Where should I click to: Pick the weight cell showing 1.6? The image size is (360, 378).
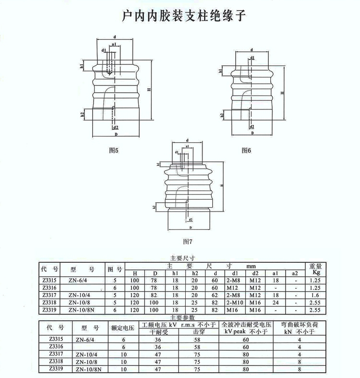coord(315,295)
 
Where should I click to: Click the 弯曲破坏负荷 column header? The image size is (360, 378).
coord(299,325)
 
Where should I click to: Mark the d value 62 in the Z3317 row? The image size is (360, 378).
coord(216,295)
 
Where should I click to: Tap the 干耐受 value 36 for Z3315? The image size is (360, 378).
coord(157,339)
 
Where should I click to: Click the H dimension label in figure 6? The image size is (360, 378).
coord(282,92)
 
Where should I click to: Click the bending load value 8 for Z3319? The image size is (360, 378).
coord(299,369)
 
